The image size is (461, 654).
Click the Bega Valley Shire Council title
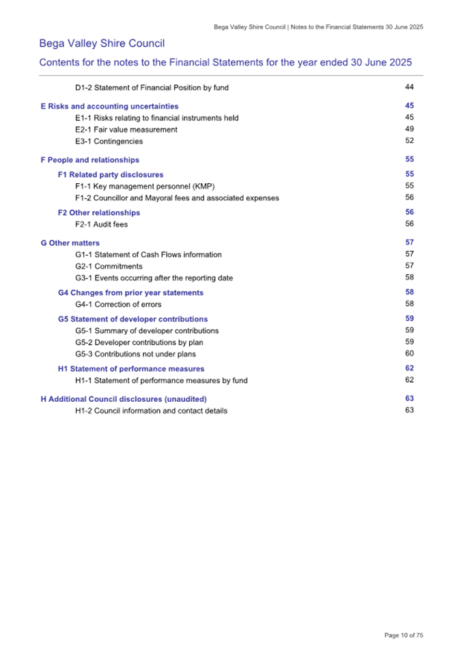[x=102, y=44]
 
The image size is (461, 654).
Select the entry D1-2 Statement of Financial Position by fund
[x=152, y=87]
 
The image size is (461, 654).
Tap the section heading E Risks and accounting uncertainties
[x=109, y=107]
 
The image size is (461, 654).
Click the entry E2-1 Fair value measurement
[x=126, y=130]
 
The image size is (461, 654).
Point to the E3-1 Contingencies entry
[x=109, y=141]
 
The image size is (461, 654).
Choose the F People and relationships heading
[x=89, y=160]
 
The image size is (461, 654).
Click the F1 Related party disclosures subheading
[x=111, y=175]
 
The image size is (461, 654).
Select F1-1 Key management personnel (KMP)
[x=145, y=187]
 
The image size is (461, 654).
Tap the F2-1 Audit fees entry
[x=101, y=224]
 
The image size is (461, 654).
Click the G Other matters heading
[x=70, y=243]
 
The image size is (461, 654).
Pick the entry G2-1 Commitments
[x=109, y=267]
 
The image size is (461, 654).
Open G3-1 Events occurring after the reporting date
[x=154, y=278]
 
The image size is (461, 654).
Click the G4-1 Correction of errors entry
[x=118, y=305]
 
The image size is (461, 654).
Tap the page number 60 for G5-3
[x=410, y=353]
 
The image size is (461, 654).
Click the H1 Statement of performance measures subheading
[x=131, y=369]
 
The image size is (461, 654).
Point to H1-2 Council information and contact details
[x=151, y=411]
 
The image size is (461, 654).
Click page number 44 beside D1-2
[x=410, y=87]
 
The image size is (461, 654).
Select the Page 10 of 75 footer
[x=404, y=635]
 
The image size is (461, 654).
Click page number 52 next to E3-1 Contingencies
[x=410, y=141]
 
